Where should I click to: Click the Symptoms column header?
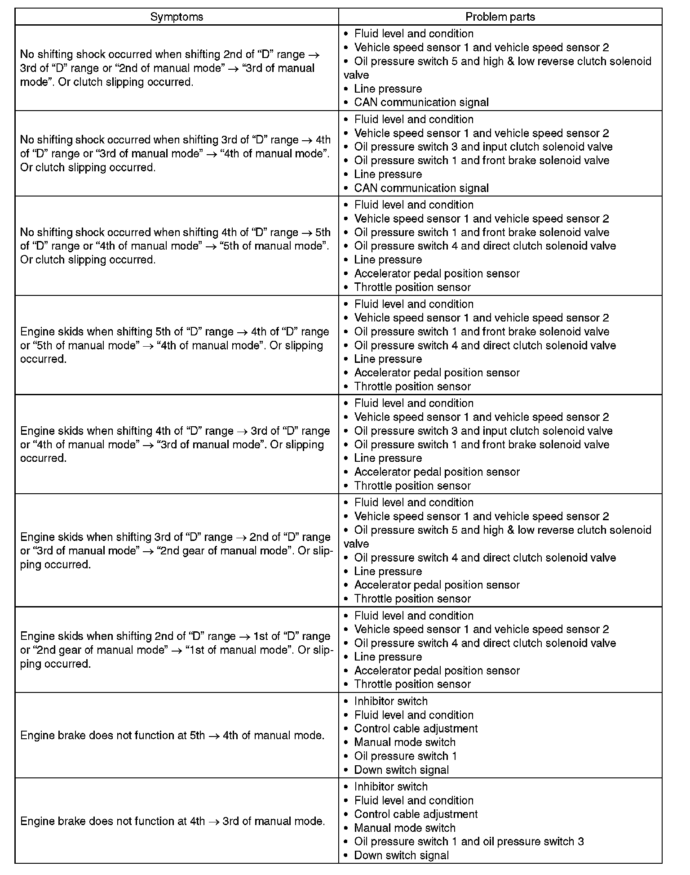pyautogui.click(x=177, y=17)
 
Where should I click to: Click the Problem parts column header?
pyautogui.click(x=500, y=17)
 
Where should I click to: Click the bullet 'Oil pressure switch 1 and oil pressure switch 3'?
pyautogui.click(x=469, y=841)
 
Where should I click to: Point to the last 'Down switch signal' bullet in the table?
pyautogui.click(x=401, y=855)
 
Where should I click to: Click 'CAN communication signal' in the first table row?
pyautogui.click(x=421, y=103)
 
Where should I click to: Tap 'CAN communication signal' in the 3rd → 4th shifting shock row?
pyautogui.click(x=421, y=188)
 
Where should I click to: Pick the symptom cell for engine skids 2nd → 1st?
pyautogui.click(x=176, y=650)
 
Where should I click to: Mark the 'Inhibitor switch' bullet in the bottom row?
pyautogui.click(x=391, y=786)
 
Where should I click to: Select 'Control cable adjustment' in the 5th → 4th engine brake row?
pyautogui.click(x=416, y=728)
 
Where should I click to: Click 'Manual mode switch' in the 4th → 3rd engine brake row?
pyautogui.click(x=405, y=828)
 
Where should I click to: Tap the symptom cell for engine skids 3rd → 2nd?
pyautogui.click(x=176, y=550)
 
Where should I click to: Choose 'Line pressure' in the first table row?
pyautogui.click(x=388, y=89)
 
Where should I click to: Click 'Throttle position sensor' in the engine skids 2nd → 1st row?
pyautogui.click(x=412, y=684)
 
